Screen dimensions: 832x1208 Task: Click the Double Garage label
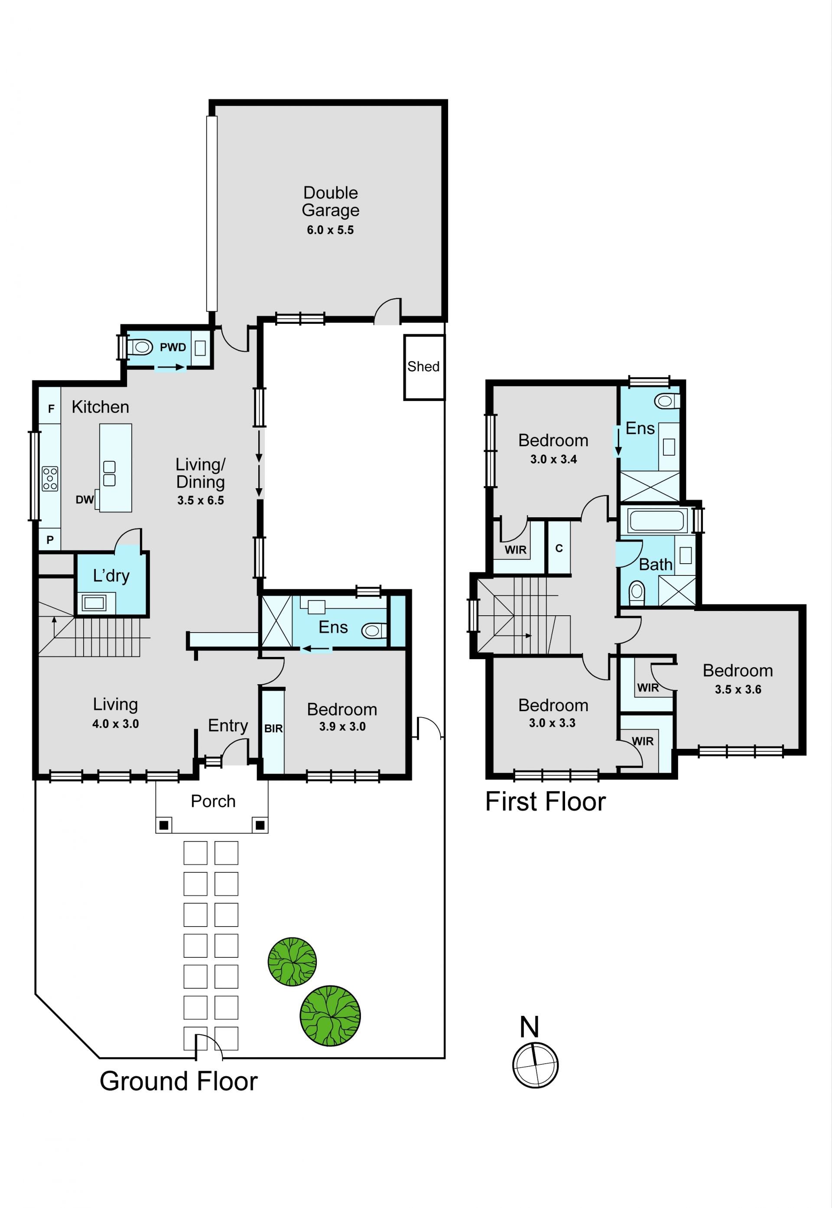coord(331,201)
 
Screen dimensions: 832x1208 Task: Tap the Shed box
coord(424,367)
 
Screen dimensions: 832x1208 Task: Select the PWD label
coord(172,347)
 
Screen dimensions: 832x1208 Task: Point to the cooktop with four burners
coord(50,479)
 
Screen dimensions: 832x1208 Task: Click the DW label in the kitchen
coord(84,500)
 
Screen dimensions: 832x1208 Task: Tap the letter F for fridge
coord(51,409)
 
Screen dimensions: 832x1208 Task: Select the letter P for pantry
coord(50,540)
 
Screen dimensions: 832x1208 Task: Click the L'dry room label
coord(111,576)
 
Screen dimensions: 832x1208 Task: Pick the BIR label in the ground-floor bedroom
coord(273,729)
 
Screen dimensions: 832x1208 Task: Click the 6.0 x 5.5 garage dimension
coord(330,230)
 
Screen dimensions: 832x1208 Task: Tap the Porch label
coord(213,801)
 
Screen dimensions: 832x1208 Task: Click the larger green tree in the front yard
coord(330,1015)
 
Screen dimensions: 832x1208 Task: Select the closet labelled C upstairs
coord(559,548)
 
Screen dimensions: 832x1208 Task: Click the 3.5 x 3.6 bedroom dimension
coord(738,689)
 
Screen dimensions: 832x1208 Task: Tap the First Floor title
coord(545,802)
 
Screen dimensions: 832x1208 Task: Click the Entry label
coord(228,725)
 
